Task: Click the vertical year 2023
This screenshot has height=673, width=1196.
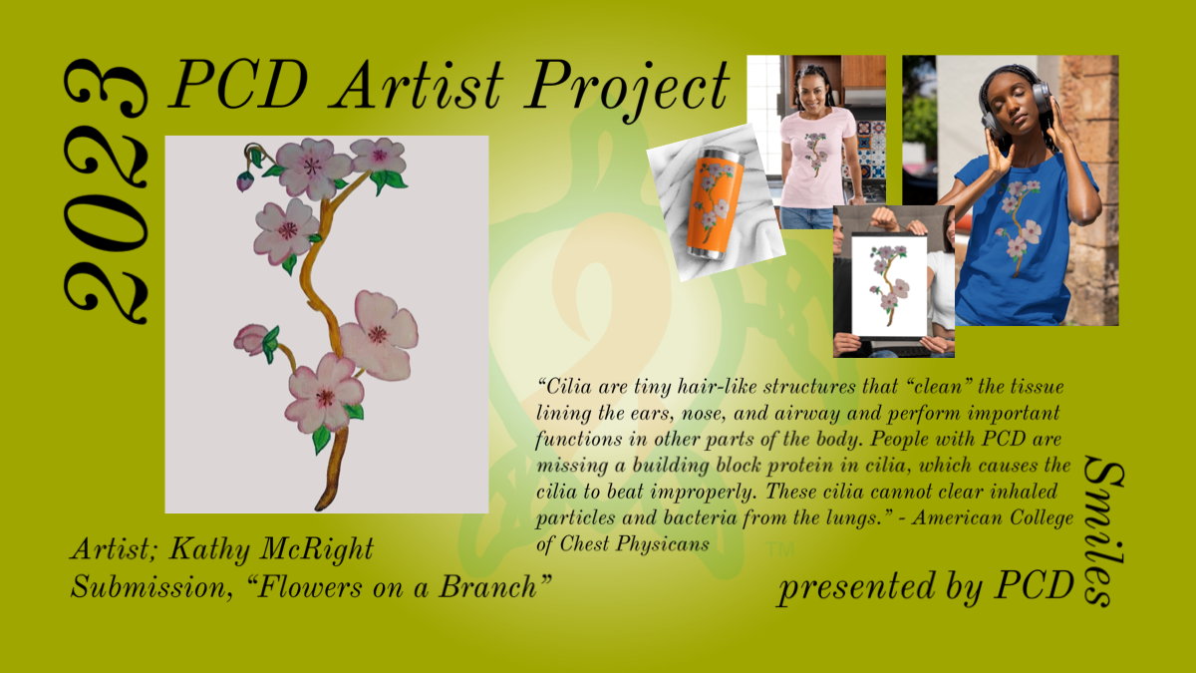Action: pyautogui.click(x=106, y=191)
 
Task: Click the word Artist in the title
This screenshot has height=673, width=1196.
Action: pyautogui.click(x=420, y=85)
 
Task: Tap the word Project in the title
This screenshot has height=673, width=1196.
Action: pyautogui.click(x=628, y=90)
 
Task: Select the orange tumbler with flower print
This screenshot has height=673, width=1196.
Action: pyautogui.click(x=715, y=204)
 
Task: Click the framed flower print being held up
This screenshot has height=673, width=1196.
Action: pyautogui.click(x=889, y=285)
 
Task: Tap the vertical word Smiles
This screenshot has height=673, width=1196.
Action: pyautogui.click(x=1103, y=531)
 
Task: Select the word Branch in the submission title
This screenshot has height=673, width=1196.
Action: pyautogui.click(x=487, y=586)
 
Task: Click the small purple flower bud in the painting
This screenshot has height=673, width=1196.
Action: pyautogui.click(x=244, y=181)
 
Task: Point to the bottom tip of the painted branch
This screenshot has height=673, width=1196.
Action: pyautogui.click(x=319, y=507)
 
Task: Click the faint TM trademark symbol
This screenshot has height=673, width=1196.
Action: pyautogui.click(x=779, y=549)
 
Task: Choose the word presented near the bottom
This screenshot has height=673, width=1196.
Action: pyautogui.click(x=856, y=586)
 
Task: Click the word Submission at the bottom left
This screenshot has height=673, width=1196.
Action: pyautogui.click(x=151, y=587)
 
